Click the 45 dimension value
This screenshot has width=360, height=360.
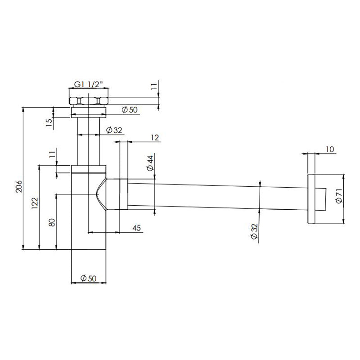pos(137,228)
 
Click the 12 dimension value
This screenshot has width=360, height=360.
pos(155,138)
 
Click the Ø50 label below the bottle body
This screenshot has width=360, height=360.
pos(89,279)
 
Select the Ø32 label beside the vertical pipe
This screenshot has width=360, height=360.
pos(114,130)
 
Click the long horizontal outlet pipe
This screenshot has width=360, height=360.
pos(216,194)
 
